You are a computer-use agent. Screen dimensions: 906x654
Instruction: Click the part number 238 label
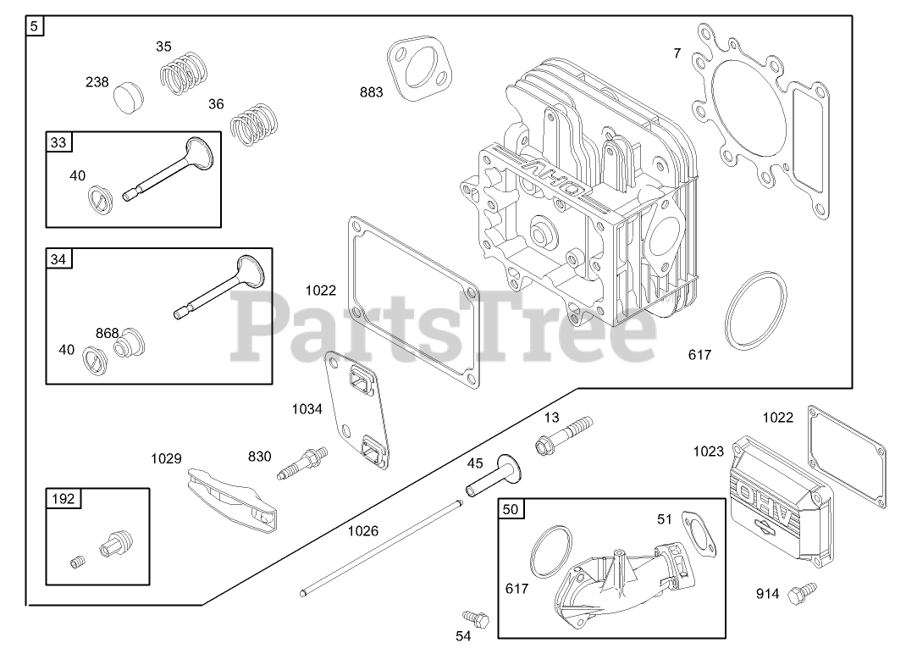[97, 82]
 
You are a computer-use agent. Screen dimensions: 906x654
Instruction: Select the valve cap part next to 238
[130, 96]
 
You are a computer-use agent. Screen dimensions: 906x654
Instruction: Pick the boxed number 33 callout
[58, 142]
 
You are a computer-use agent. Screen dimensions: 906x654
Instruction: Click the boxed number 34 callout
[58, 259]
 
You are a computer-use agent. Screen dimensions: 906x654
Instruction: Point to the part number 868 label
[107, 333]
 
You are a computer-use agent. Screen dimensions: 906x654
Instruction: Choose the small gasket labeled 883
[417, 69]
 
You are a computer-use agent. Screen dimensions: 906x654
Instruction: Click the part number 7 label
[677, 53]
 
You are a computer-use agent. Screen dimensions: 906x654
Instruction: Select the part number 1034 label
[307, 409]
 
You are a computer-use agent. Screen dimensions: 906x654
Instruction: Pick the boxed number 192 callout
[64, 499]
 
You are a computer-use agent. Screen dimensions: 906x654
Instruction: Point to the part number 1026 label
[362, 531]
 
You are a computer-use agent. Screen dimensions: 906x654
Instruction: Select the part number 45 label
[475, 463]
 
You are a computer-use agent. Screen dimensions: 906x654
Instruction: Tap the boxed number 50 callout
[510, 509]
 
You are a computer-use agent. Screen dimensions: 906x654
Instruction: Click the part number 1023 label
[708, 451]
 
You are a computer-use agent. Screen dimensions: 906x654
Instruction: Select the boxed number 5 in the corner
[34, 26]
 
